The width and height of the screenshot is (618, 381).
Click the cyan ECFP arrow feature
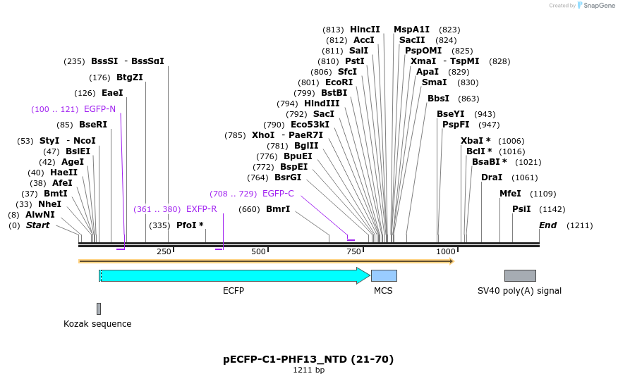233,276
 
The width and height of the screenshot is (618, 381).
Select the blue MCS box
384,276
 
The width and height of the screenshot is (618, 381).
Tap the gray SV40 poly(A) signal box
520,276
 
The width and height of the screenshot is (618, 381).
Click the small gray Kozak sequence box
99,308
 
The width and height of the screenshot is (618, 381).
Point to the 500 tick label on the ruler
258,252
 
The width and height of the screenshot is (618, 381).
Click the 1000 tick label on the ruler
446,252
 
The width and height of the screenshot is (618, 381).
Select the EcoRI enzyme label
339,82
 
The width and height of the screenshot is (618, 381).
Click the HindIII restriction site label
322,104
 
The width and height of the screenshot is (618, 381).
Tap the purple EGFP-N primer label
99,109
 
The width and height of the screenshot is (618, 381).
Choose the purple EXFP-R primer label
201,209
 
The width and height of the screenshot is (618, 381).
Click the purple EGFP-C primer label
278,194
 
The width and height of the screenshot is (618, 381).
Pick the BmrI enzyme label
278,209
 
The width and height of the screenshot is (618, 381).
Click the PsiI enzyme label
521,209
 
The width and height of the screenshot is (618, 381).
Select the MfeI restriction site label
510,194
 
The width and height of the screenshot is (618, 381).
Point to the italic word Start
38,225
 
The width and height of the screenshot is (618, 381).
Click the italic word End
547,225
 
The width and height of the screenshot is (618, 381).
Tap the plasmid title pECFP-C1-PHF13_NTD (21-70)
308,359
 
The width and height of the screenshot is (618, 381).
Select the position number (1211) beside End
579,225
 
